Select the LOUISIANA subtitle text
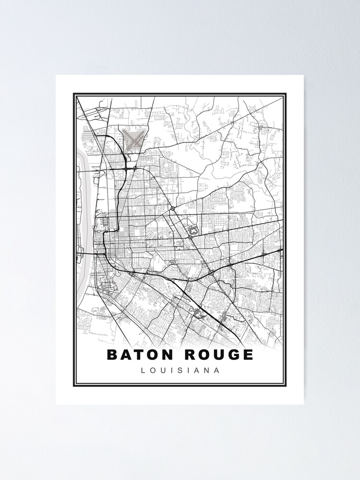tap(180, 371)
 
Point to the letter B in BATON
tap(112, 355)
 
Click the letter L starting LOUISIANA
tap(142, 371)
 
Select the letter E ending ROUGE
tap(247, 355)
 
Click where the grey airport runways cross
tap(134, 139)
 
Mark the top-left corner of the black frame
tap(74, 94)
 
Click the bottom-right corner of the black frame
tap(286, 385)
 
